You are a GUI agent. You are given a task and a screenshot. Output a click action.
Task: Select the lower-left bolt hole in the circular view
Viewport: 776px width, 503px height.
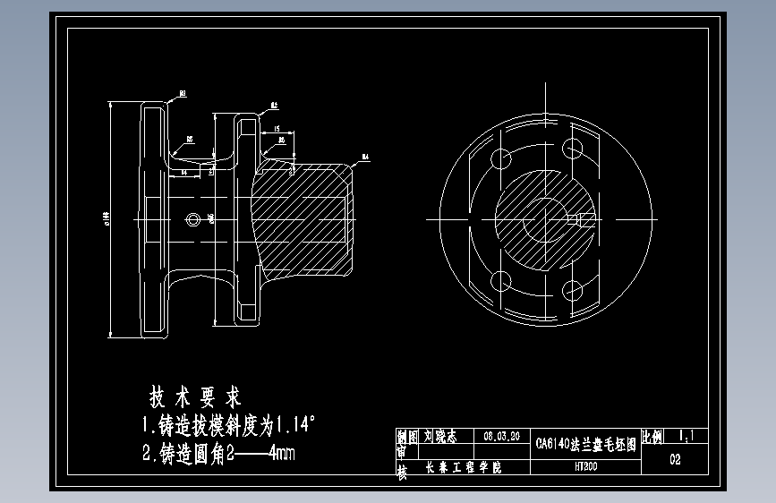coord(503,283)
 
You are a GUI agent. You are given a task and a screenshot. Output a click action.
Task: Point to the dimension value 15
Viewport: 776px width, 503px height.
coord(277,128)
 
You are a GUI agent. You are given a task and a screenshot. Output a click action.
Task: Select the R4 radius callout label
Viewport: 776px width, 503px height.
coord(365,158)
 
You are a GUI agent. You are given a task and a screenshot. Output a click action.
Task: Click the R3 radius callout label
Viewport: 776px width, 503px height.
coord(182,92)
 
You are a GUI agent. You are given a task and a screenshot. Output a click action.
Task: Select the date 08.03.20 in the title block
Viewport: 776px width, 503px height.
coord(500,437)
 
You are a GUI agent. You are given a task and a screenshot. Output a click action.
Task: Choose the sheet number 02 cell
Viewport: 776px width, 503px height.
coord(675,461)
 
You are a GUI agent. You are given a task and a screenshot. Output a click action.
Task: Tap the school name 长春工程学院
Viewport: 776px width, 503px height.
coord(463,467)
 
